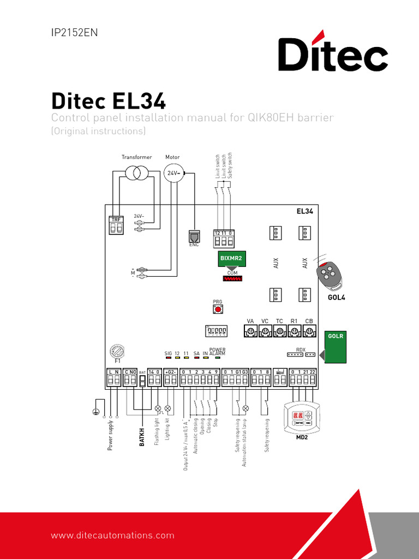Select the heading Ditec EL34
pos(109,102)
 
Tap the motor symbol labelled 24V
pos(172,173)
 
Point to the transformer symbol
pos(136,173)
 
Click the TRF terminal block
pos(116,225)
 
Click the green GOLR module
pos(335,346)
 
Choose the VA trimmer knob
pos(250,331)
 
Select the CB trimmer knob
pos(309,331)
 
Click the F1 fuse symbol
pos(117,351)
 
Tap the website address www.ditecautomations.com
pos(113,536)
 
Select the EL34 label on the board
pos(304,211)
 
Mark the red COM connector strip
pos(232,278)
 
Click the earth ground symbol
pos(97,413)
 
